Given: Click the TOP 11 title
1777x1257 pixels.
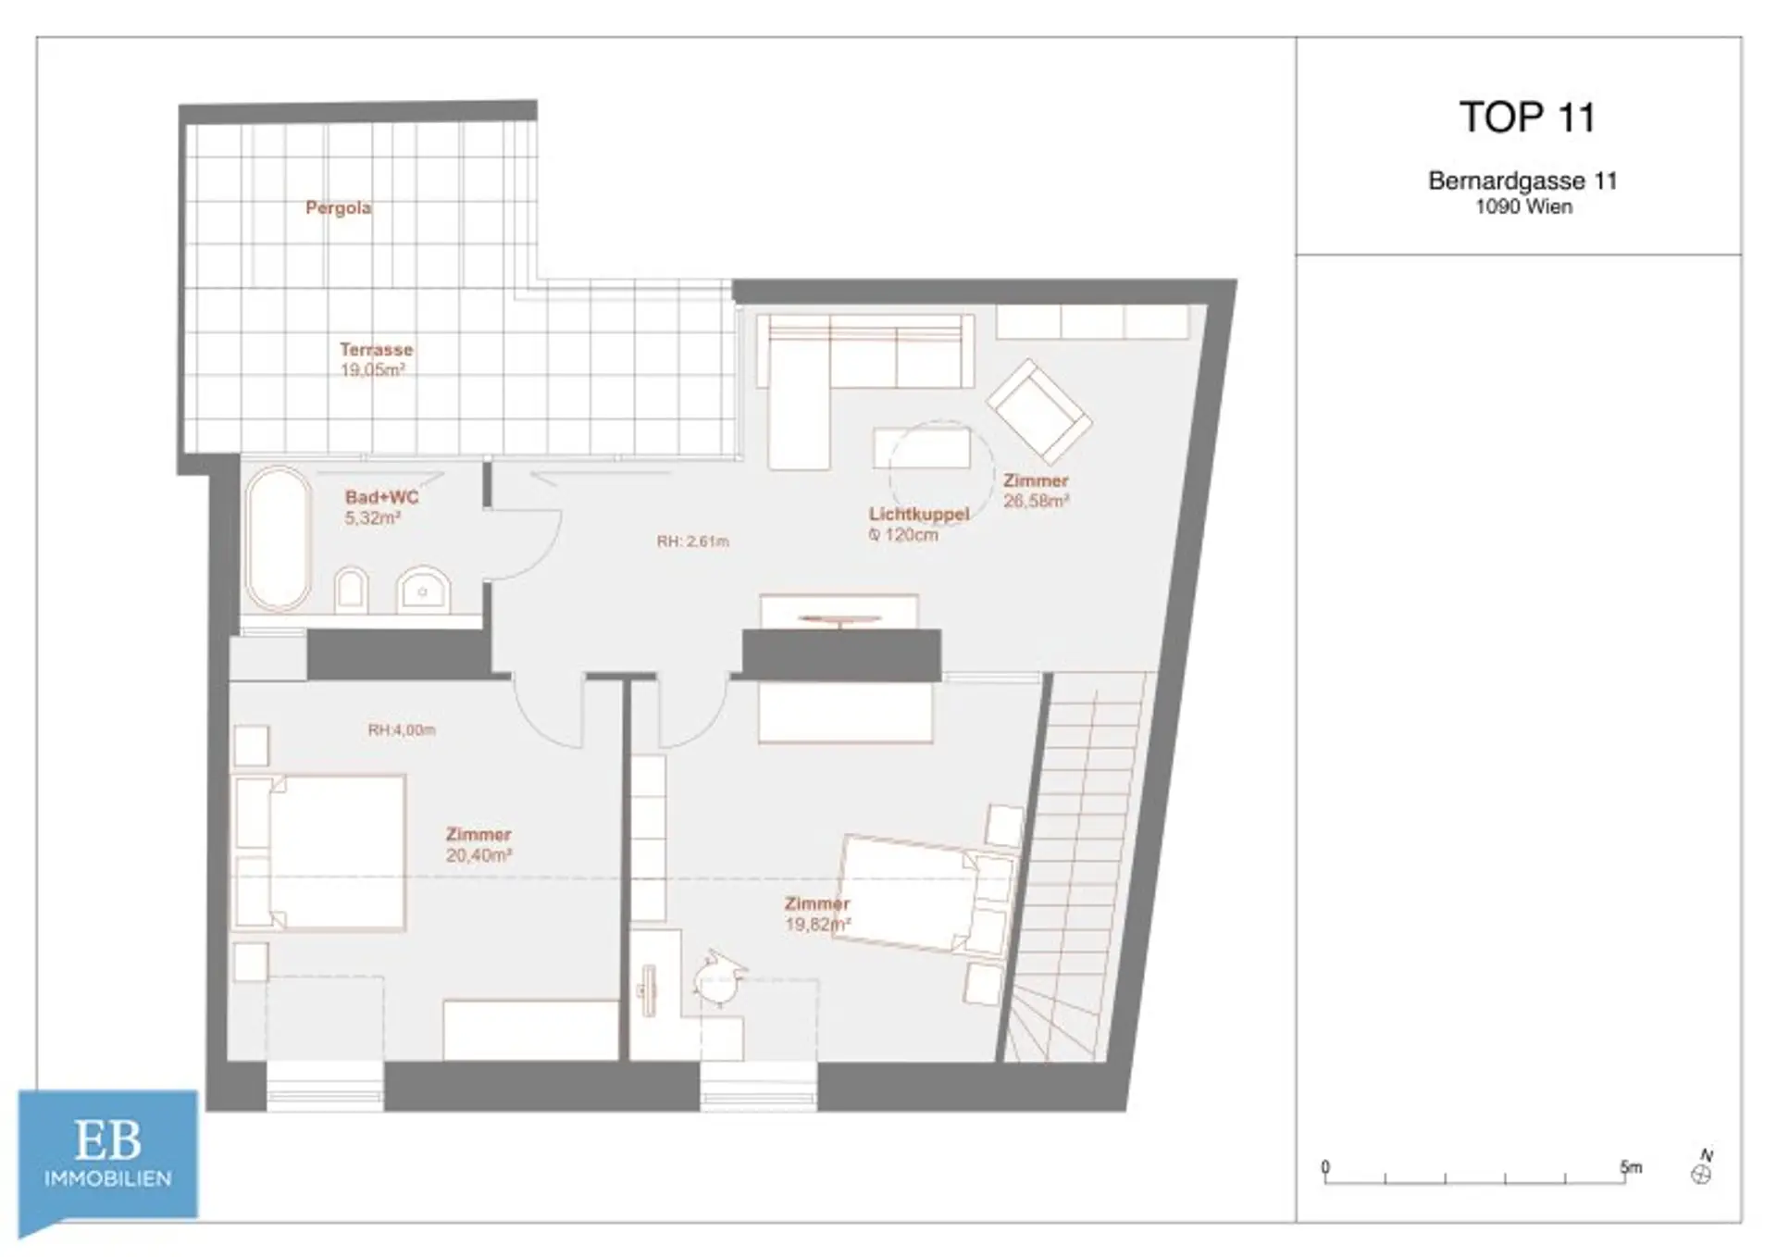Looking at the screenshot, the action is point(1527,118).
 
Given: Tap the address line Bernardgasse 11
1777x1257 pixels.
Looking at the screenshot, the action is point(1522,180).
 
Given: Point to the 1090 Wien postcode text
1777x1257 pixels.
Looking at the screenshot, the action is point(1523,206).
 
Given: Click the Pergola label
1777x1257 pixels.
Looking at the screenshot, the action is point(339,208).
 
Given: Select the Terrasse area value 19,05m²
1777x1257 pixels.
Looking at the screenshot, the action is point(373,370).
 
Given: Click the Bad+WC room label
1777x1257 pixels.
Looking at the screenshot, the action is point(382,497).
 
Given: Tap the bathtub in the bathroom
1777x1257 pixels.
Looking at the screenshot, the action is point(278,539).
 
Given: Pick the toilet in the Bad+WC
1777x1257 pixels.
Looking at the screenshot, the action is point(351,590).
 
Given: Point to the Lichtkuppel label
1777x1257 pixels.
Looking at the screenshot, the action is point(919,514).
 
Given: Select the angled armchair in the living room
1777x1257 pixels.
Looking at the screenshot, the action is point(1038,411).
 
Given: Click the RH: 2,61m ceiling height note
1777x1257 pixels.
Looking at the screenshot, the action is point(693,541).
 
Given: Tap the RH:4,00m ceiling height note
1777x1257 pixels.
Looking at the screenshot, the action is point(402,729).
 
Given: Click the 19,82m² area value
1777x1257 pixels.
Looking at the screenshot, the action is point(818,924).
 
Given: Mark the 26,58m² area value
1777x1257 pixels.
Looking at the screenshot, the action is point(1037,501).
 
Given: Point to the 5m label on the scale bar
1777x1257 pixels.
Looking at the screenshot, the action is point(1631,1167).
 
